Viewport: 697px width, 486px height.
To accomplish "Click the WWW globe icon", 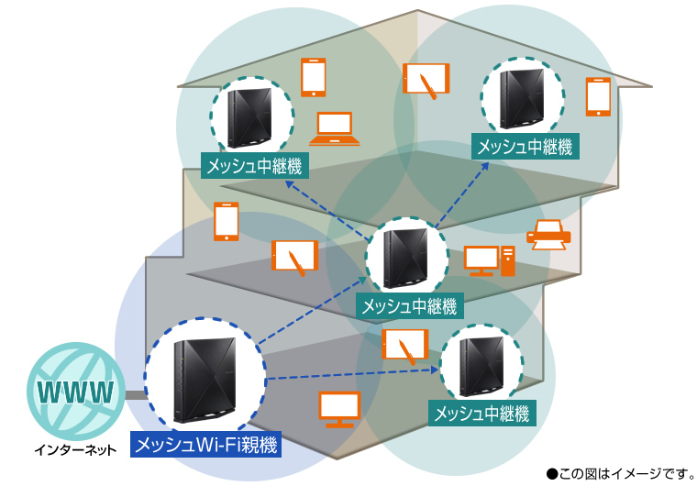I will click(x=75, y=393).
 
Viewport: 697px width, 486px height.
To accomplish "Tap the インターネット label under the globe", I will click(x=75, y=450).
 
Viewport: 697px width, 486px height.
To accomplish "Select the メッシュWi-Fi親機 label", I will click(x=205, y=446).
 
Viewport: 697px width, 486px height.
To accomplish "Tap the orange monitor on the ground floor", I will click(x=338, y=409).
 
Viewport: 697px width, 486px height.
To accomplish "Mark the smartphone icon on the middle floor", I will click(x=226, y=222).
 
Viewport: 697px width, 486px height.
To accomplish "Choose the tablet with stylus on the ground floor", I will click(x=404, y=345).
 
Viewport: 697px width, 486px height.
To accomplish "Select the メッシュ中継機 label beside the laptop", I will click(x=254, y=165).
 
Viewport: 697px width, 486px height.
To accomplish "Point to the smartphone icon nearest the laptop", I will click(x=314, y=77).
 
